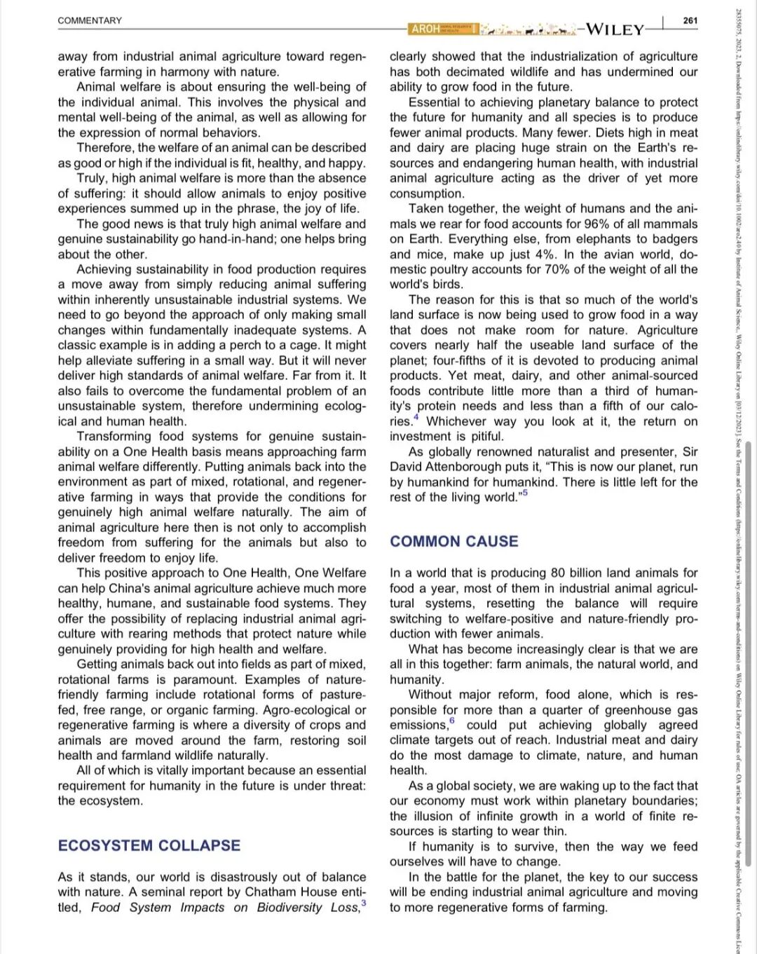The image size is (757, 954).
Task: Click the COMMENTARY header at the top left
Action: [90, 20]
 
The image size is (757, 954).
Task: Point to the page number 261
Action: [690, 20]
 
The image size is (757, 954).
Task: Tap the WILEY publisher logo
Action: [615, 29]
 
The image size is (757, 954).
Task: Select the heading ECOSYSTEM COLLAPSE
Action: [149, 845]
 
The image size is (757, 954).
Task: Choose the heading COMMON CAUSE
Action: [454, 541]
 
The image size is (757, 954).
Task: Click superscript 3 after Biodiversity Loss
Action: [364, 902]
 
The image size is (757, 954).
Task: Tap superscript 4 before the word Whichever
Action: [416, 418]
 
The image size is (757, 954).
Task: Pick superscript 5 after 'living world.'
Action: [525, 493]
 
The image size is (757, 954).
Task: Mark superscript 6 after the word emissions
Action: [452, 721]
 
